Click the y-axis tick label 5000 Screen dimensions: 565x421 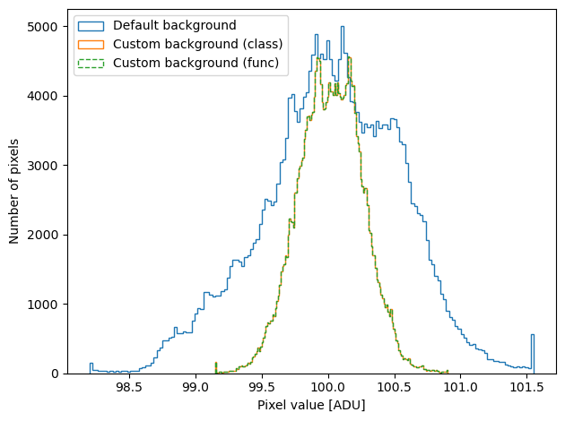pos(42,27)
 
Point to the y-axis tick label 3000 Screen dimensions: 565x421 pos(42,166)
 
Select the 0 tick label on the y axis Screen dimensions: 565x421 pos(55,374)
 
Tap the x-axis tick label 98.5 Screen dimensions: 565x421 pos(129,387)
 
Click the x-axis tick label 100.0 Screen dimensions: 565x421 pos(328,387)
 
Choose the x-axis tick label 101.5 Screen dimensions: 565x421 pos(526,387)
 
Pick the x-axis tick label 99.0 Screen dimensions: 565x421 pos(196,387)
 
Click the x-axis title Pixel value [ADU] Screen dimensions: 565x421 pos(311,405)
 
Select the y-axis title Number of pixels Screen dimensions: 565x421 pos(13,192)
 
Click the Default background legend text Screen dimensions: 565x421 pos(174,25)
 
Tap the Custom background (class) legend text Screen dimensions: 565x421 pos(198,44)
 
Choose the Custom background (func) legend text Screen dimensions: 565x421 pos(196,63)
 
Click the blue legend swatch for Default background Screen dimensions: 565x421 pos(91,26)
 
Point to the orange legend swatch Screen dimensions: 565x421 pos(91,45)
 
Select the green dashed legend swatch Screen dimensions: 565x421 pos(91,64)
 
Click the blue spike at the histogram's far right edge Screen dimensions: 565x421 pos(532,354)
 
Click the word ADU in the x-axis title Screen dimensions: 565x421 pos(349,405)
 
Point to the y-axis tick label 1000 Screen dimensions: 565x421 pos(42,305)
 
